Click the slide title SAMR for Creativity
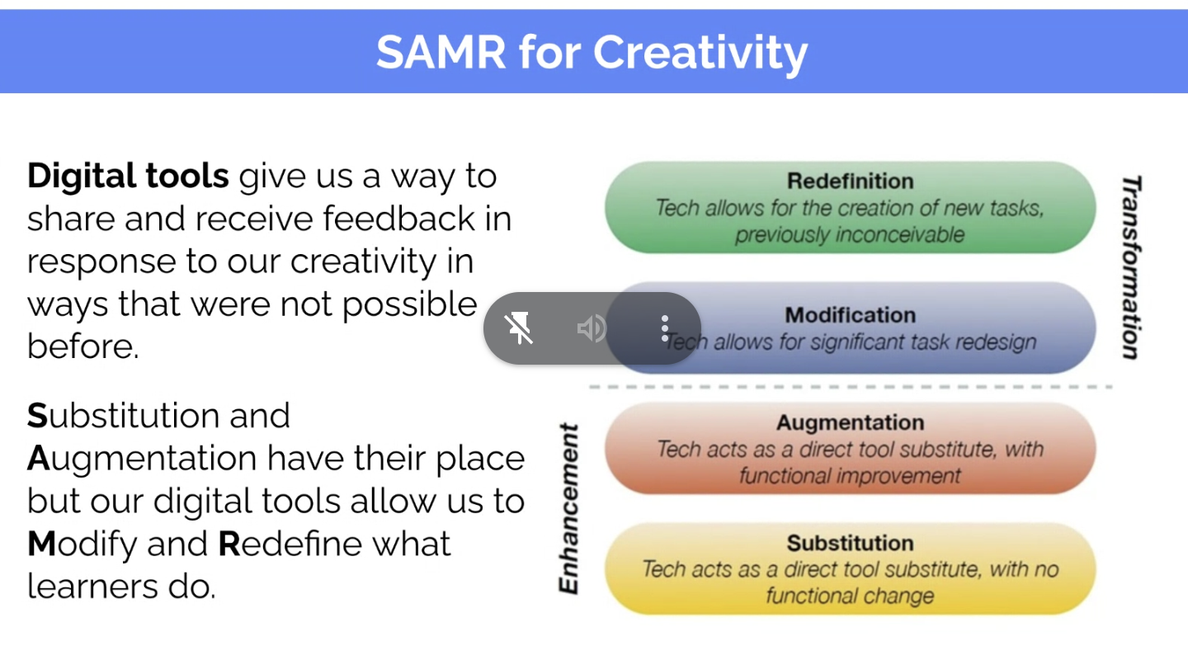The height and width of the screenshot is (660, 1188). (592, 53)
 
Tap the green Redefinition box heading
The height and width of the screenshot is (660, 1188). (850, 181)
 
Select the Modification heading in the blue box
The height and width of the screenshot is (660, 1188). (850, 315)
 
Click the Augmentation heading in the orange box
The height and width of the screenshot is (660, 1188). (850, 423)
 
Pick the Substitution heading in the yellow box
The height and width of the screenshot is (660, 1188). (850, 544)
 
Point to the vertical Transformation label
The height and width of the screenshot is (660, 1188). (1131, 268)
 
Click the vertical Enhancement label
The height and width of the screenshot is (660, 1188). (568, 508)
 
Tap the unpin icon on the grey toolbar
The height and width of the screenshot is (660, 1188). (519, 328)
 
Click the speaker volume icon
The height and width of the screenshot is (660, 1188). (592, 328)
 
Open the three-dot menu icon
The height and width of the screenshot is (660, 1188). (665, 328)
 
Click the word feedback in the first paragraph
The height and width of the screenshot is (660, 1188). (398, 219)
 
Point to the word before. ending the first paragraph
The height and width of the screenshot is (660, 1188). (82, 346)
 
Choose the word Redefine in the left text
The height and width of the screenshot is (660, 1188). (290, 544)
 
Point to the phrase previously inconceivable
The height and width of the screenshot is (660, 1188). (850, 235)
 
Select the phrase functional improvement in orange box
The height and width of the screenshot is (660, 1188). (850, 476)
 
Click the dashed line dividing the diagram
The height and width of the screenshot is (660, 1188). (851, 387)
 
